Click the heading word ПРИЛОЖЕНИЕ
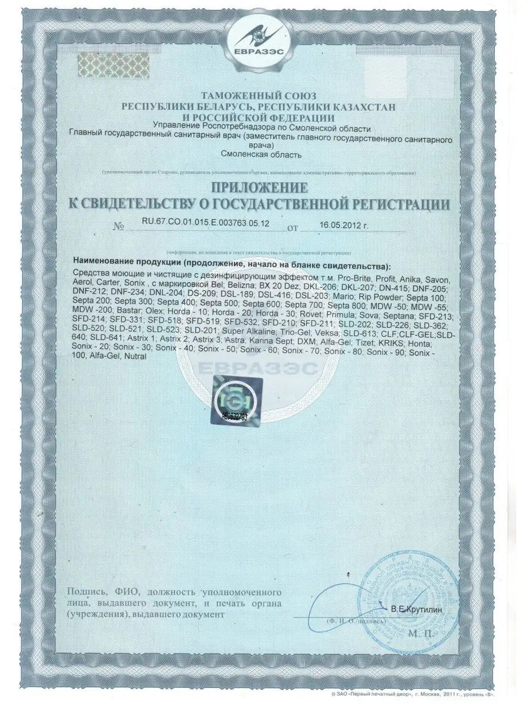click(x=259, y=188)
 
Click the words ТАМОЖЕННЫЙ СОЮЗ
click(x=259, y=95)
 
